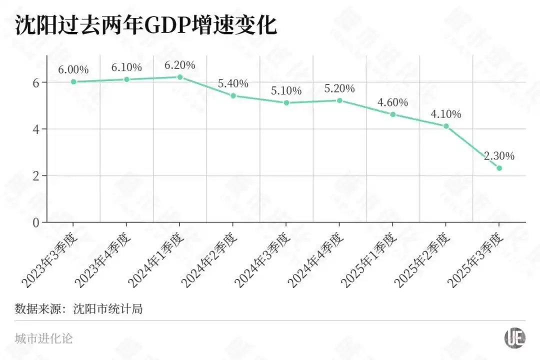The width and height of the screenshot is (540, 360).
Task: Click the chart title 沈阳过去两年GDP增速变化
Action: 145,25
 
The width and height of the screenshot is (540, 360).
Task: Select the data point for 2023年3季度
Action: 73,81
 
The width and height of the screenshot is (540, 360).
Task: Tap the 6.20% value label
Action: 180,65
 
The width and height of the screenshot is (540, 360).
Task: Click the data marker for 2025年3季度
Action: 499,168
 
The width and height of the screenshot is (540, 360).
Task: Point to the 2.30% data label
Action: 499,156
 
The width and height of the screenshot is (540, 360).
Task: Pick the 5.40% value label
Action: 233,83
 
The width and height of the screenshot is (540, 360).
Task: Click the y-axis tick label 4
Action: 36,129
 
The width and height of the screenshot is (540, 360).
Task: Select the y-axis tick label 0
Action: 36,222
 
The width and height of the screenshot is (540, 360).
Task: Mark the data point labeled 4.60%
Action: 393,114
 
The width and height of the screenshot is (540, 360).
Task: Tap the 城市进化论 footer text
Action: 44,338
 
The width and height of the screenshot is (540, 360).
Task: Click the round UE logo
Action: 514,338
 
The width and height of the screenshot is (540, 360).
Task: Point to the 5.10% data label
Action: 286,91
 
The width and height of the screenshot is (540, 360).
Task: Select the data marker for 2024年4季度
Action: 339,100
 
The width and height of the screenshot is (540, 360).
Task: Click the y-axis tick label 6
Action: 36,82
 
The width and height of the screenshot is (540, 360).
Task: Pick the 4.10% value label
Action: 446,114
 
